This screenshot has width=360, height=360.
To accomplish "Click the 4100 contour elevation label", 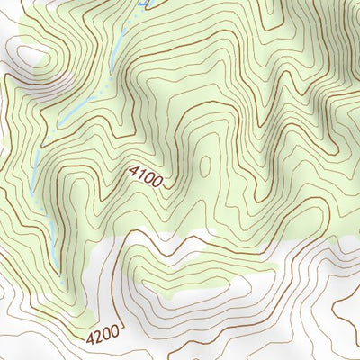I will pyautogui.click(x=146, y=177).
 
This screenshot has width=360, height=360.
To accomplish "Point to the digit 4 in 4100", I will pyautogui.click(x=133, y=169).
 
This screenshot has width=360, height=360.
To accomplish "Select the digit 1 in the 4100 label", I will pyautogui.click(x=141, y=175).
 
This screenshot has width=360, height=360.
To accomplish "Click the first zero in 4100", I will pyautogui.click(x=149, y=179).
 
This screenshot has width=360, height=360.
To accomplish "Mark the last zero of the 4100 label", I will pyautogui.click(x=157, y=184).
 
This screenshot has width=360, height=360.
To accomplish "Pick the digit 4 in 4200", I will pyautogui.click(x=91, y=342).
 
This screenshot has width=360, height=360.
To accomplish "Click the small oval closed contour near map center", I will pyautogui.click(x=204, y=166).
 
